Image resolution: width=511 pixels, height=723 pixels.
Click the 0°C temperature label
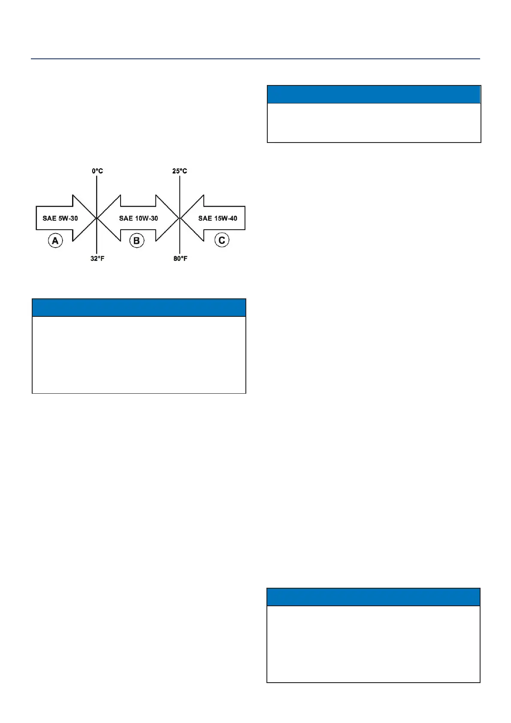(x=97, y=171)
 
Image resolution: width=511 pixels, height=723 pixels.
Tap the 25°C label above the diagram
(x=180, y=171)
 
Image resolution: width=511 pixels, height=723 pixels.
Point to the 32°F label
(x=97, y=258)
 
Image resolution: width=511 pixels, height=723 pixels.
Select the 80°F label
(x=181, y=258)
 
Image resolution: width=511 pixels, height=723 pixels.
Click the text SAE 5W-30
(x=60, y=218)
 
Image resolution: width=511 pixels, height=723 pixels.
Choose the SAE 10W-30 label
(x=138, y=218)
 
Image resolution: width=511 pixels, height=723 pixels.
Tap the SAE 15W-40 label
(x=218, y=218)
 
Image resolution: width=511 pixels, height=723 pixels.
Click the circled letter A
(x=55, y=240)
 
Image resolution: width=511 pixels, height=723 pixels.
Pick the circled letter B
(x=137, y=240)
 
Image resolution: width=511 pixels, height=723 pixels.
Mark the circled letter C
(x=222, y=240)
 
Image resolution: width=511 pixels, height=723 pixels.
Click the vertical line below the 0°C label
(x=97, y=189)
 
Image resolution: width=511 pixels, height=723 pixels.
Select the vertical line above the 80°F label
(x=180, y=245)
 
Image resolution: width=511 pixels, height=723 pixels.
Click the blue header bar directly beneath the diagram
(x=139, y=308)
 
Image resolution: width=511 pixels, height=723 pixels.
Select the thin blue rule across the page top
(x=255, y=59)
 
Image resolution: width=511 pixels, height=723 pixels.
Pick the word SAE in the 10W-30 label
(x=126, y=218)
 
